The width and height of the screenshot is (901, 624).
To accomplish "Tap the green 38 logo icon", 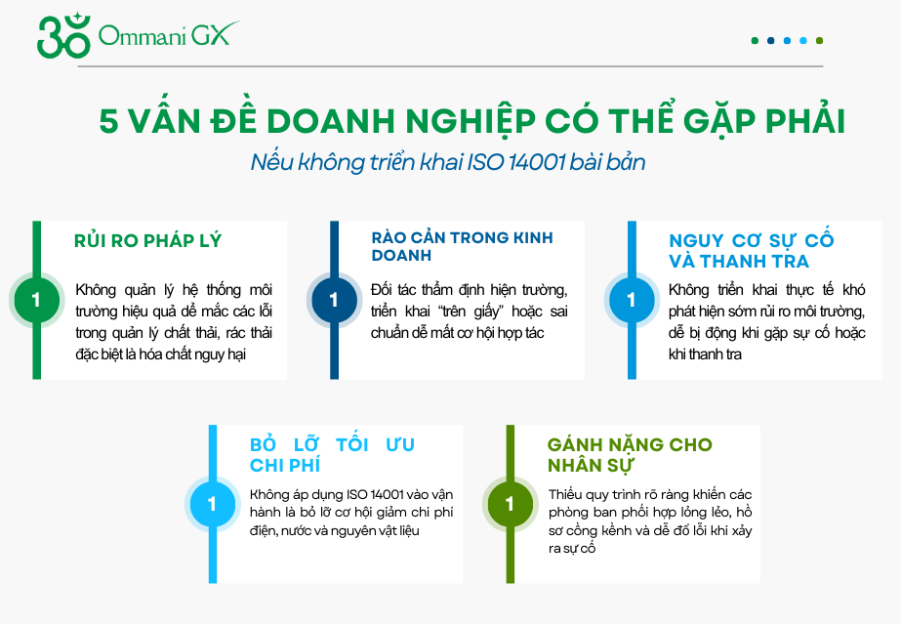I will tap(62, 37).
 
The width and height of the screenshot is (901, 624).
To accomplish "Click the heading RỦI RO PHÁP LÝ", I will tap(148, 241).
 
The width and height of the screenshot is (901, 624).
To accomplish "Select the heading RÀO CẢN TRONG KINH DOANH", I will tap(462, 246).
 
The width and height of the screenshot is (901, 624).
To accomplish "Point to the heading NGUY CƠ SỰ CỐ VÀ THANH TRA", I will tap(752, 251).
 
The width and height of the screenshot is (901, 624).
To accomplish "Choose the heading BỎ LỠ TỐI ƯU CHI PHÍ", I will tap(333, 455).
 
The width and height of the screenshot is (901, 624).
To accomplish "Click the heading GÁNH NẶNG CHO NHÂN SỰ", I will tap(630, 454).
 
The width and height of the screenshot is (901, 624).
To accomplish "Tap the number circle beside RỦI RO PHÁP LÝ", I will tap(37, 300).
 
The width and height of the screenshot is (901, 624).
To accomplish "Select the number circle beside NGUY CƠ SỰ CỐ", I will tap(631, 300).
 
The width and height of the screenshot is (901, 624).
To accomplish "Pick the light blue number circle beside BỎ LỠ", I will tap(213, 505).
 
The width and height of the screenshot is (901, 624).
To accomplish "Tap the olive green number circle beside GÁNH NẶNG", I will tap(510, 505).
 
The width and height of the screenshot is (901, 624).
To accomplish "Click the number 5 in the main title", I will tap(108, 121).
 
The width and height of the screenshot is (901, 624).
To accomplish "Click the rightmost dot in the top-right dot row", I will tap(819, 41).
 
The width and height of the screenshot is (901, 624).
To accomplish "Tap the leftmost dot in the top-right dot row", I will tap(755, 41).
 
